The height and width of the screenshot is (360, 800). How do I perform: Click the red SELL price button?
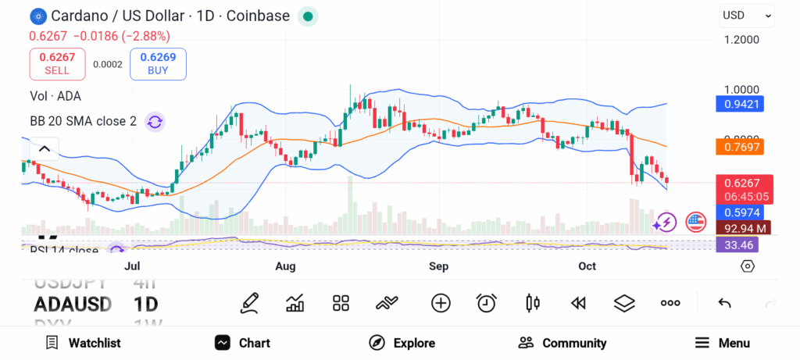[57, 63]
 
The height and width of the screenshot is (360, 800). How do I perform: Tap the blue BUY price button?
[158, 63]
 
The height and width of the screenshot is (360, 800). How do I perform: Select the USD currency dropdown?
[747, 15]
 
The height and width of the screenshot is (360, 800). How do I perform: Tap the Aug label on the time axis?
[285, 266]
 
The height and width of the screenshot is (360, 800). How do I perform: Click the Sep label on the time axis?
[438, 266]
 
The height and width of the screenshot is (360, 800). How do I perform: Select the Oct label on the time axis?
[587, 266]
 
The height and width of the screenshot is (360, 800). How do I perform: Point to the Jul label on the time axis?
[132, 266]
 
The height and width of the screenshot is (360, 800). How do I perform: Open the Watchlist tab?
[83, 343]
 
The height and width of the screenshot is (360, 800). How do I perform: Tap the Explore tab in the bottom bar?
[402, 343]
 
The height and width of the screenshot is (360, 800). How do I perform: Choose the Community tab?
[562, 343]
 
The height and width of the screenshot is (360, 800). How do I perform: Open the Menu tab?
[723, 343]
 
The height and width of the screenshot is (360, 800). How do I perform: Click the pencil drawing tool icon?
[249, 303]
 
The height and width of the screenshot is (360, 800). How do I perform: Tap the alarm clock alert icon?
[487, 303]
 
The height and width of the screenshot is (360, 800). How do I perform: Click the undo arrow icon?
[724, 303]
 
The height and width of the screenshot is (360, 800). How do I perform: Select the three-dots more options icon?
[670, 303]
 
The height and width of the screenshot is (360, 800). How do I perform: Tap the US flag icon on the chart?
[695, 223]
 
